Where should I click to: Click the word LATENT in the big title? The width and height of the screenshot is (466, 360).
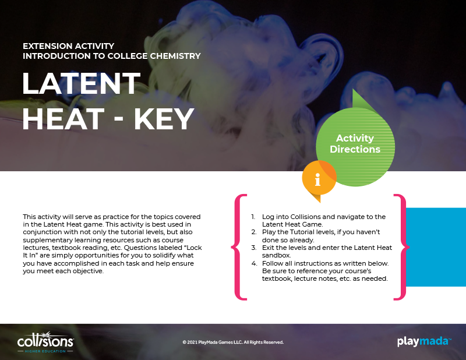[x=81, y=83]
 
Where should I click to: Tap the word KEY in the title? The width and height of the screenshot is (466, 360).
[x=164, y=119]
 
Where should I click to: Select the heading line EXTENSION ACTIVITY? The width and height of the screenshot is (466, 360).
[x=69, y=46]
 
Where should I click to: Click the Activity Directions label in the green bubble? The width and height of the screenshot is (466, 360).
[x=355, y=143]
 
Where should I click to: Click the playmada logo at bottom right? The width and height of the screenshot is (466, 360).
[x=424, y=341]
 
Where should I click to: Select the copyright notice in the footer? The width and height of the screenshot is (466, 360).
[x=233, y=342]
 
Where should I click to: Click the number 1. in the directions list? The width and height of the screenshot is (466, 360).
[x=253, y=217]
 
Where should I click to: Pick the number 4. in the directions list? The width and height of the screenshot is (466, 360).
[x=254, y=263]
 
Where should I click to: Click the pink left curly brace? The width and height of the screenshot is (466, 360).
[x=239, y=247]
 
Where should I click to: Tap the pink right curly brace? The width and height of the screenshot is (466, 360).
[x=401, y=247]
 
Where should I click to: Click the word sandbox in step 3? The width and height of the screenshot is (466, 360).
[x=276, y=255]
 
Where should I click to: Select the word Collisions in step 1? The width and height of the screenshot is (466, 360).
[x=306, y=217]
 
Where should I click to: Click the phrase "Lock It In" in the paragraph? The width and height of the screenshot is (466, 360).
[x=112, y=252]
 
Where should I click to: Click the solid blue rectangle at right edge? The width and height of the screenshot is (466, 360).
[x=436, y=247]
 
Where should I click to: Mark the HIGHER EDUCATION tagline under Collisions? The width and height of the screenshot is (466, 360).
[x=45, y=351]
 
